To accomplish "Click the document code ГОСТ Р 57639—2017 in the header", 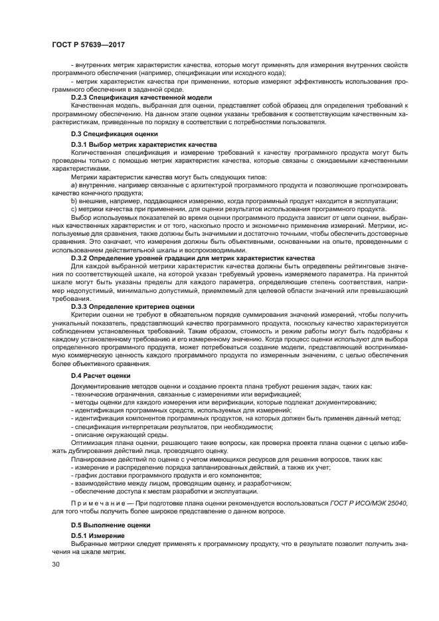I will click(x=88, y=44).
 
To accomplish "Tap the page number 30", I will click(x=56, y=563).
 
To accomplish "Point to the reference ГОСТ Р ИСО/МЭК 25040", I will click(x=368, y=503).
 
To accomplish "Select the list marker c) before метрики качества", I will click(x=74, y=209).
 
